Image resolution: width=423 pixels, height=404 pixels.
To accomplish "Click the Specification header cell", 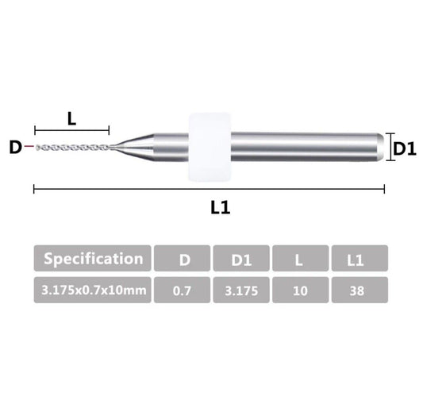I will [93, 259].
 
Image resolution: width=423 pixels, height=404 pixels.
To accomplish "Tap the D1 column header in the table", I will [241, 259].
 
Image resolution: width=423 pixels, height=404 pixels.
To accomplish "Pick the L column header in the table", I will [301, 259].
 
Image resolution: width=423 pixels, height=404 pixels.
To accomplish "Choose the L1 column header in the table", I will [360, 259].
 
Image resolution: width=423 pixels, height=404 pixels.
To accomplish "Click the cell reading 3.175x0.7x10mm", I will [93, 290].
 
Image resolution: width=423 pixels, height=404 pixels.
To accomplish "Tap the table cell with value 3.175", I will [241, 290].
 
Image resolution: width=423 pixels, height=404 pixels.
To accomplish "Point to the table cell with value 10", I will [301, 290].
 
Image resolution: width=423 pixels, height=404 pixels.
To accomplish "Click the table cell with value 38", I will [360, 290].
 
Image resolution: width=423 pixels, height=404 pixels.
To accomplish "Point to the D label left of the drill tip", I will [14, 148].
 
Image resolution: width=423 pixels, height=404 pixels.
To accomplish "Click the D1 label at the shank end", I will [405, 148].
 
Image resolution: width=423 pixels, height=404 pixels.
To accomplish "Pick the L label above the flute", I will [71, 118].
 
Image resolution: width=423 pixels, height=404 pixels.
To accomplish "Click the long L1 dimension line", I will [209, 188].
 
